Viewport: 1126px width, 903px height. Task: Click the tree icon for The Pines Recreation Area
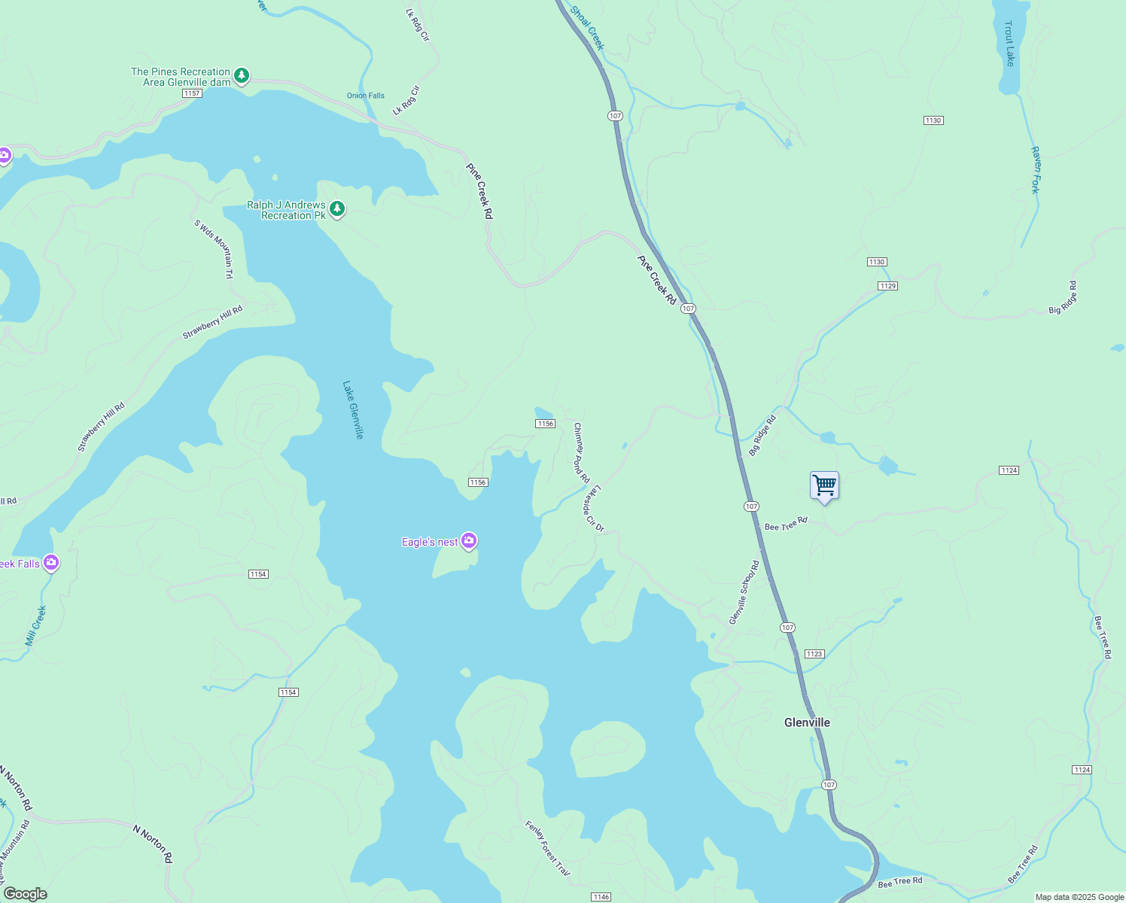(241, 75)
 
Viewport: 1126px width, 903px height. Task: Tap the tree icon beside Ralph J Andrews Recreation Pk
(337, 208)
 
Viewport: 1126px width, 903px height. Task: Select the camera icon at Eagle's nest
(469, 540)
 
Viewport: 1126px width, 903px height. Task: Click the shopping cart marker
(824, 486)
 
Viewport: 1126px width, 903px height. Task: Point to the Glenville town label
(807, 722)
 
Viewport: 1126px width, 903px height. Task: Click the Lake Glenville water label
(353, 409)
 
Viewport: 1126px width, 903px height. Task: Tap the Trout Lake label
(1009, 43)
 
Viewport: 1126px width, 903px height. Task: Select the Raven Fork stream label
(1036, 170)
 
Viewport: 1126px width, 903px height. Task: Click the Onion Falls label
(366, 96)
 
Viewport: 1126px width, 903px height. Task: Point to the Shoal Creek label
(587, 28)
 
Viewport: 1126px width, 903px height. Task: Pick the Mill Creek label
(35, 625)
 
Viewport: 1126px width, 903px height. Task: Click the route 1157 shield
(192, 93)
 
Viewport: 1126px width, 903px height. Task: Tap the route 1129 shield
(887, 286)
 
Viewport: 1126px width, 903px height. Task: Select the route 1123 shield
(814, 654)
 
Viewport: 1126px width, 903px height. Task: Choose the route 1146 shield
(601, 897)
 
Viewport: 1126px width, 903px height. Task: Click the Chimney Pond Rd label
(581, 453)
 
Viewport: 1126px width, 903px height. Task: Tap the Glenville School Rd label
(744, 591)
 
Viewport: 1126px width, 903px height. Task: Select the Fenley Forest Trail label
(547, 848)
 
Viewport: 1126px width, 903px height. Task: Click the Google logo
(25, 894)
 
